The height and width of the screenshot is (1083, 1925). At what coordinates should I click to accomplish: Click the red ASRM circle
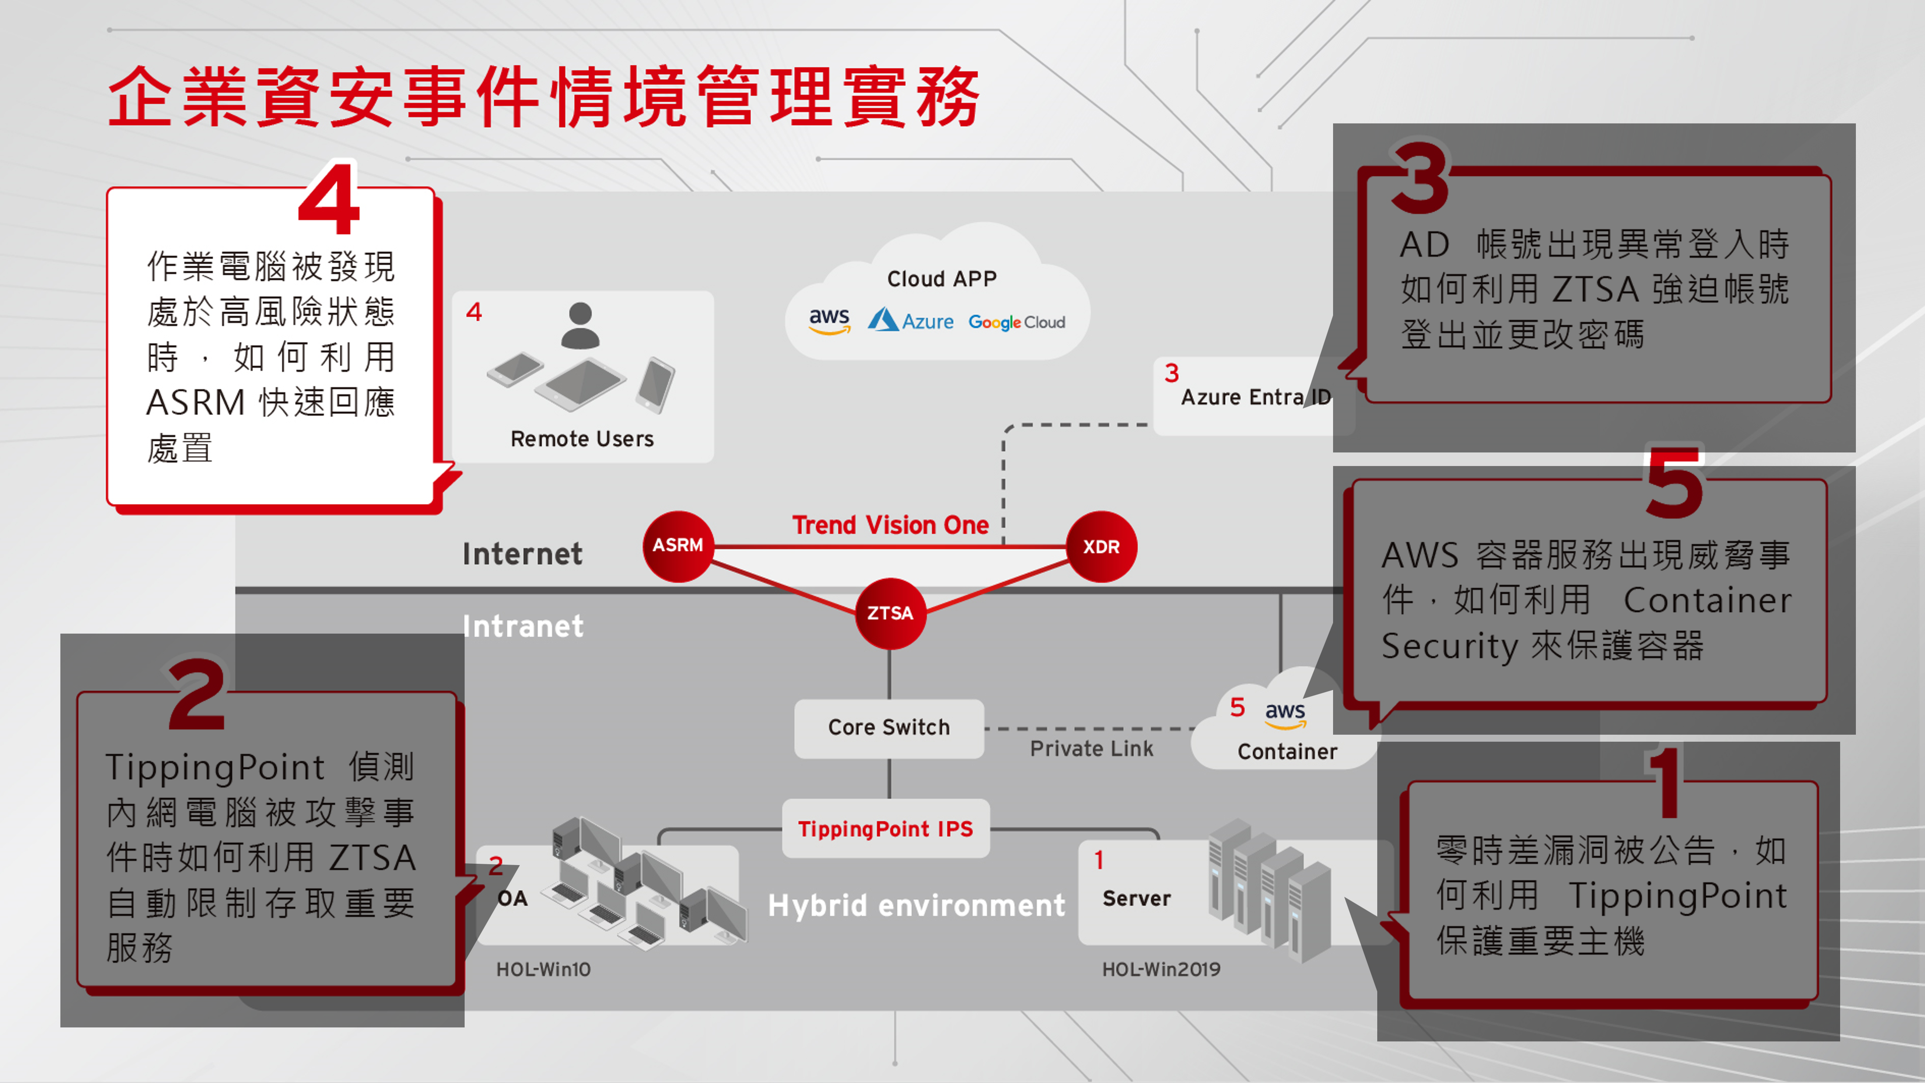678,546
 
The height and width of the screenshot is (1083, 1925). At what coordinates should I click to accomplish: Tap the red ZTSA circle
889,613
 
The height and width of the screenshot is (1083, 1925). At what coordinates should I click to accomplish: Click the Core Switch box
889,727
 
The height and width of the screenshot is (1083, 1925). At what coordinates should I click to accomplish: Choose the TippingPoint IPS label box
885,828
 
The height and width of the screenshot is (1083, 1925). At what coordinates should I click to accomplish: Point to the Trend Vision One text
890,525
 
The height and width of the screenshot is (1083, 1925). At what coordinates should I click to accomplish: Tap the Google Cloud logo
1016,322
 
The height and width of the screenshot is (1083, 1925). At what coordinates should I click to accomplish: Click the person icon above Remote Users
580,326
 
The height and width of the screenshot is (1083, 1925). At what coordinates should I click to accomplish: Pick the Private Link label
1091,748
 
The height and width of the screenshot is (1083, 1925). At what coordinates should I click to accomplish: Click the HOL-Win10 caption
543,969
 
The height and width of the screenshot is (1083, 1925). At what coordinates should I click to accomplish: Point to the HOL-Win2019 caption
1161,969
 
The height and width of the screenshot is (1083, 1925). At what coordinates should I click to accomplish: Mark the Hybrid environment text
916,905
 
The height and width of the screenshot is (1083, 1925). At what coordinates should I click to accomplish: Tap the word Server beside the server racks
1136,898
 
